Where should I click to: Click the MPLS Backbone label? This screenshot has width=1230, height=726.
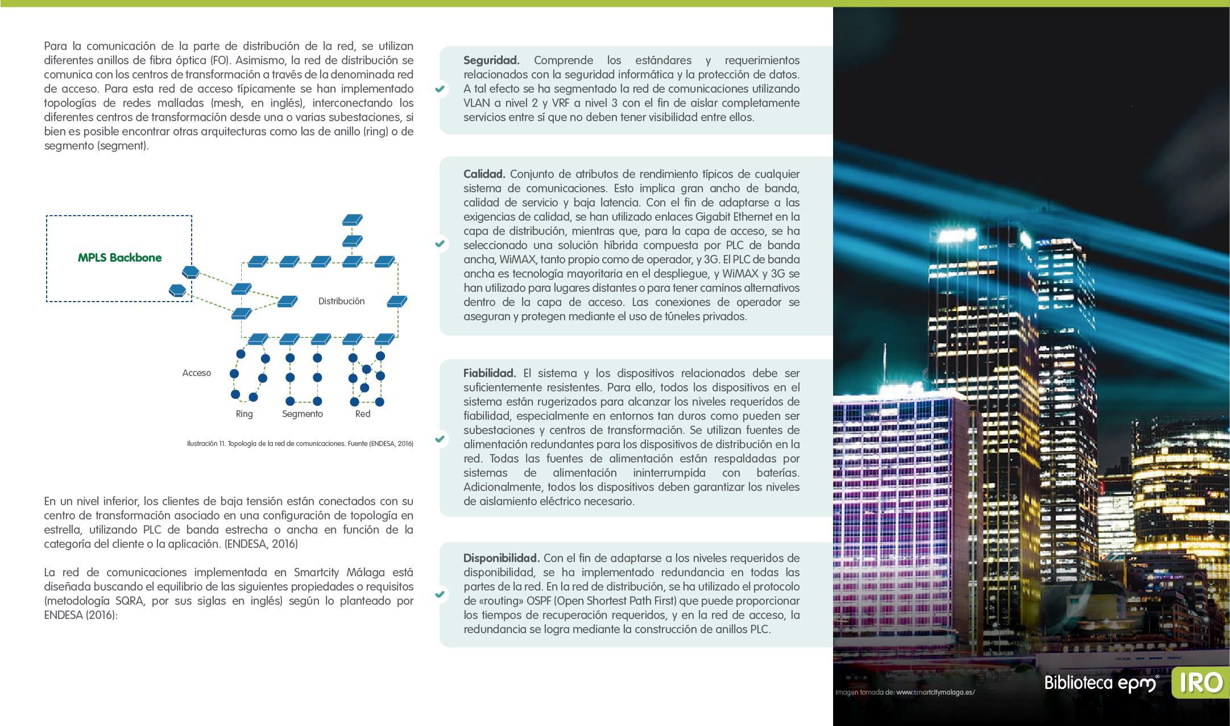119,258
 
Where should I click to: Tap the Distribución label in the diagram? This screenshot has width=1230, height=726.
341,301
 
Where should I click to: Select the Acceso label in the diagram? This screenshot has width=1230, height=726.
196,373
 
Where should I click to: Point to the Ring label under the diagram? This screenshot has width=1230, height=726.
244,414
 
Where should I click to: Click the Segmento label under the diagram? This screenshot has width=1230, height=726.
303,414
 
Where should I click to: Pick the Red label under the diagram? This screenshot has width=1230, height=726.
362,414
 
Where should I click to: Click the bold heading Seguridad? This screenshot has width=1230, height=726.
491,60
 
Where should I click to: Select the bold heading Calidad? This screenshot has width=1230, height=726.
484,174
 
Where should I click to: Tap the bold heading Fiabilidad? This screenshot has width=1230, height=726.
489,373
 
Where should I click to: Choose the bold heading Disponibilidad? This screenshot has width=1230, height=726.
501,558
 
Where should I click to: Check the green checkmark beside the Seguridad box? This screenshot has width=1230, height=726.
440,89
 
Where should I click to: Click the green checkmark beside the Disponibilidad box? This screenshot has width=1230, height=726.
440,594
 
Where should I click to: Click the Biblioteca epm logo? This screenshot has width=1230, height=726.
1101,683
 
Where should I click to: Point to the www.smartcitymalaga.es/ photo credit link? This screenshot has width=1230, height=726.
935,692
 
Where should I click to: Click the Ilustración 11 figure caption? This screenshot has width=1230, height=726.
300,444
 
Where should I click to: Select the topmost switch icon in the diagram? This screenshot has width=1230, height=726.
353,220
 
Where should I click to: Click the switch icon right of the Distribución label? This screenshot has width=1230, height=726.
397,301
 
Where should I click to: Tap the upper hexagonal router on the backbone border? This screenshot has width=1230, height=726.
189,271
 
